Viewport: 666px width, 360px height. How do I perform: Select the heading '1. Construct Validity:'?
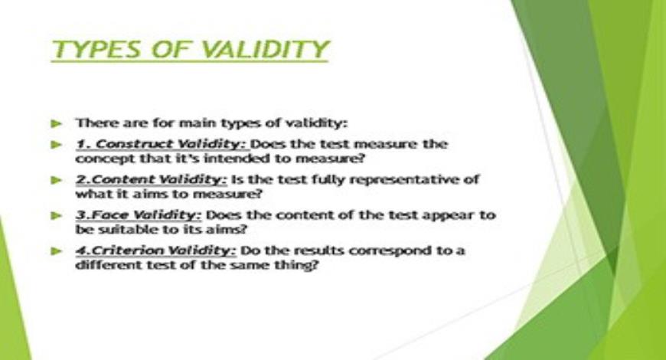tap(162, 145)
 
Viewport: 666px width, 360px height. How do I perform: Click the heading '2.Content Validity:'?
tap(152, 180)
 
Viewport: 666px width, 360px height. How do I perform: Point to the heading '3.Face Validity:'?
tap(139, 215)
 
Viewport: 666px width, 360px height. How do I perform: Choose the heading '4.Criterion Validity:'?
tap(156, 250)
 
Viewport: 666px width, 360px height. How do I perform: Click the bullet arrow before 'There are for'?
tap(57, 123)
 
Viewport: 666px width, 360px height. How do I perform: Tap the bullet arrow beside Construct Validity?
tap(57, 145)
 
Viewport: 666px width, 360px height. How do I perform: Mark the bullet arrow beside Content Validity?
tap(57, 180)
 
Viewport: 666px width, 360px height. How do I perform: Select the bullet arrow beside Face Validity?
tap(57, 215)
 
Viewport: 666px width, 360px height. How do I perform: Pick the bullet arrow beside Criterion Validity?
tap(57, 251)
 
